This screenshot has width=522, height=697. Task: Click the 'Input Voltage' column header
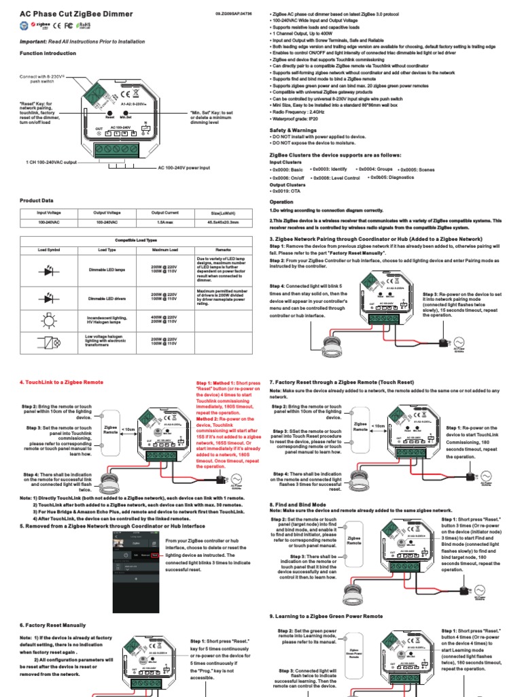tap(48, 212)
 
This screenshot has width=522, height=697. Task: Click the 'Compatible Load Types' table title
tap(135, 240)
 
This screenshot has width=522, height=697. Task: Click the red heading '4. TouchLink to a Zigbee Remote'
tap(61, 383)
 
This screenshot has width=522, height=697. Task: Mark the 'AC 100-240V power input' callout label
tap(193, 167)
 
